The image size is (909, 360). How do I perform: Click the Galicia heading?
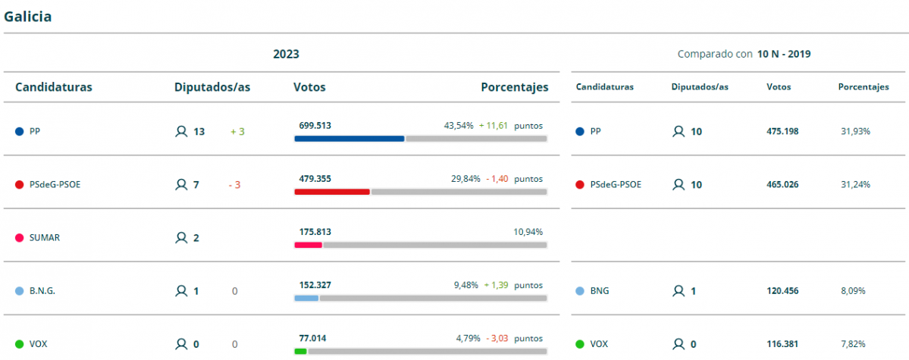28,17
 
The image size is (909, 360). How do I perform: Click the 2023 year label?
286,54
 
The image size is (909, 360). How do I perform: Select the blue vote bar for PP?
349,139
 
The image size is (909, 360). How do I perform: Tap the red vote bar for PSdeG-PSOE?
331,192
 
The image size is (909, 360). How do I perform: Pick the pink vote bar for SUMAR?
308,245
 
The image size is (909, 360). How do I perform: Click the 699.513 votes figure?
315,125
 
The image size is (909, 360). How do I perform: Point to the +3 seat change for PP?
237,131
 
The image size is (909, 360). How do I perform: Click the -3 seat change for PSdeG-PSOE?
234,184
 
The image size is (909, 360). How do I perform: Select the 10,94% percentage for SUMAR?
528,231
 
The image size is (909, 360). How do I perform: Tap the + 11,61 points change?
494,125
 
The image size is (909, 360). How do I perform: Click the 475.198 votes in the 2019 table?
782,131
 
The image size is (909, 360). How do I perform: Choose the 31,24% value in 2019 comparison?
855,184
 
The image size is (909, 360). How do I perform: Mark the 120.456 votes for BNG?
782,290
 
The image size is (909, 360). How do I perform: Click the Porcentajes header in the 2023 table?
514,87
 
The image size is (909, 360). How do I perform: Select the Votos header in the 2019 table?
779,87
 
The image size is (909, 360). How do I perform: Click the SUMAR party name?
44,237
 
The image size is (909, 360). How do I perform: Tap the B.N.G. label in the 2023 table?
42,290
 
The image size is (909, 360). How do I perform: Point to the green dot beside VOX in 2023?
19,344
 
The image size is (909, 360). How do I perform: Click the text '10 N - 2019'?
784,54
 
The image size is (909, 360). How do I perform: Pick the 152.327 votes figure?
315,285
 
